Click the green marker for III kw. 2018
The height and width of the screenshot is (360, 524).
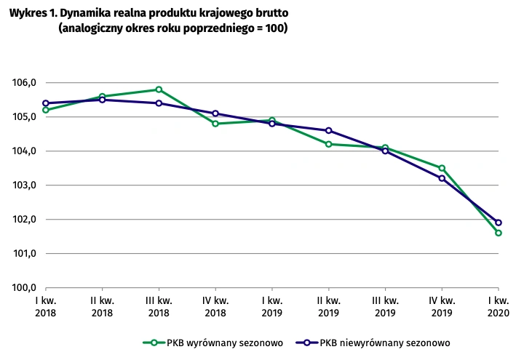point(159,89)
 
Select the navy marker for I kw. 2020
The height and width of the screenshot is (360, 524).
point(499,223)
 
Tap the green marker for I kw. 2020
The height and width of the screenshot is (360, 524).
point(499,233)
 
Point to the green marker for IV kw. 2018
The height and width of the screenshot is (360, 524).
point(215,124)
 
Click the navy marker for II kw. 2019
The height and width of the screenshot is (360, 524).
point(329,131)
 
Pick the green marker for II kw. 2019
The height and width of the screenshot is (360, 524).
point(329,144)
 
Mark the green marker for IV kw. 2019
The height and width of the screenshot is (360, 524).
point(442,168)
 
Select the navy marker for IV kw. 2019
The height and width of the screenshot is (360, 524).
point(442,178)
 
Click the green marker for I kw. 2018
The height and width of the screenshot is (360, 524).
point(45,110)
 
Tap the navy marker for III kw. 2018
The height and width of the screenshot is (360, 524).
point(159,103)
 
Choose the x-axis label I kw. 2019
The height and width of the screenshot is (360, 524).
point(271,305)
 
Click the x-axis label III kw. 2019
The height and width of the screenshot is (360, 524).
point(385,305)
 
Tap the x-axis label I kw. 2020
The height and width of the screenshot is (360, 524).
point(499,305)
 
